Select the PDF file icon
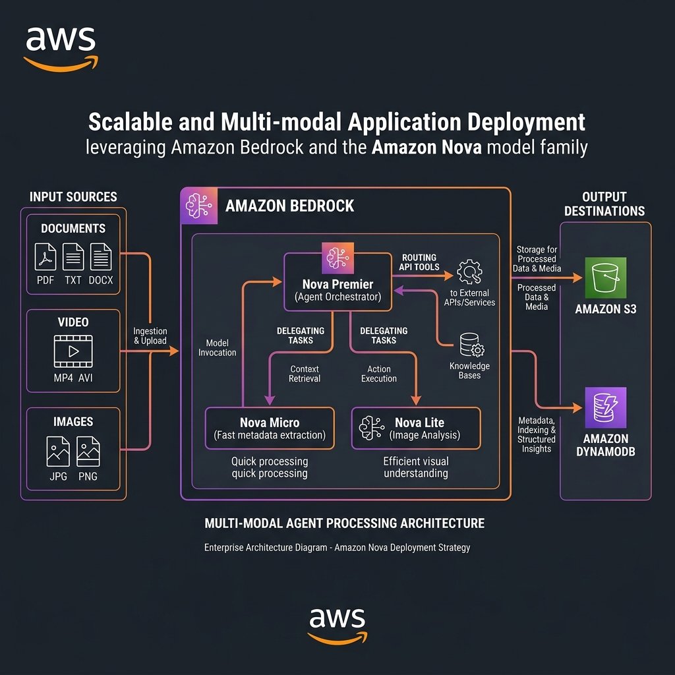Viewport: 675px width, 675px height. (45, 256)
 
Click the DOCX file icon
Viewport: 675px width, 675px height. (101, 256)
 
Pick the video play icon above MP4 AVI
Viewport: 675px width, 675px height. (73, 351)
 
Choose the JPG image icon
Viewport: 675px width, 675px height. (58, 452)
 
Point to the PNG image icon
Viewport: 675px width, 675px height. (88, 452)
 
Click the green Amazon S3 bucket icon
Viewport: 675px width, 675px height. (605, 278)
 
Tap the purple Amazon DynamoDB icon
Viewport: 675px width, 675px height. (605, 407)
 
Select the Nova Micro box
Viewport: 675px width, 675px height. (270, 428)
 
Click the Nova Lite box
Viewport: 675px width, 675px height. (416, 428)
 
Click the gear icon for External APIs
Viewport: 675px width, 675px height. (470, 270)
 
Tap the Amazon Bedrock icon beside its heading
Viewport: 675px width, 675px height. (198, 205)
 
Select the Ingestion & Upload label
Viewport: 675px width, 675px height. (150, 336)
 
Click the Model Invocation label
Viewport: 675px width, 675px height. (218, 348)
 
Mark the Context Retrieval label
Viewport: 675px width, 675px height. (305, 374)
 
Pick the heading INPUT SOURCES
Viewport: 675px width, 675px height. (73, 196)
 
